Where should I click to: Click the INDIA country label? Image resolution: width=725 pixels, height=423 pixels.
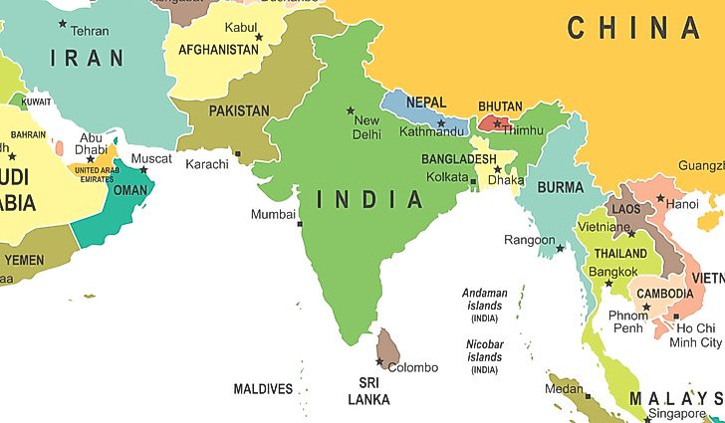pos(370,199)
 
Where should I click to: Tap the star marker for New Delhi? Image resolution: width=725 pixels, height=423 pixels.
pos(350,109)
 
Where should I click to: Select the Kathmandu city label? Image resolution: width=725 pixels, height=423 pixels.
pos(431,131)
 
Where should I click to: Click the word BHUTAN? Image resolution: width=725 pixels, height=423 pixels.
pos(501,106)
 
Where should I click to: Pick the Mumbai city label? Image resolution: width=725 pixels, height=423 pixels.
pos(273,214)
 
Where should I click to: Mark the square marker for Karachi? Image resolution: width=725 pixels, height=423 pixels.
pos(238,153)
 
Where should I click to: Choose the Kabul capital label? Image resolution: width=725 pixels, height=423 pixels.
pos(241,26)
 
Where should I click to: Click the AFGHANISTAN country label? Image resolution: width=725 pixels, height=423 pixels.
pos(218,49)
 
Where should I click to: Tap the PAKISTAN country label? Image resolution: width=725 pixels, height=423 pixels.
pos(238,110)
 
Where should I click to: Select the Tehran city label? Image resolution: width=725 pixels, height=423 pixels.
pos(90,31)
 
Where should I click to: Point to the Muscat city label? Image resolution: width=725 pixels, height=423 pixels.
pos(151,158)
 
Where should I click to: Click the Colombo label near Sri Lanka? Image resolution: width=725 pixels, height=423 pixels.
pos(412,367)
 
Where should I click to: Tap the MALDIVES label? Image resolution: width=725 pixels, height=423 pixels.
pos(263,389)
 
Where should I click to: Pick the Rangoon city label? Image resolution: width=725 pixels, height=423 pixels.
pos(529,240)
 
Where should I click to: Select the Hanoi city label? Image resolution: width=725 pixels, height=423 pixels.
pos(682,204)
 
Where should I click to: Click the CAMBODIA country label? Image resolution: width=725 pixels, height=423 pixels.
pos(665,294)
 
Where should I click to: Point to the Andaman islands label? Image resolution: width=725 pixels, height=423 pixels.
pos(485,299)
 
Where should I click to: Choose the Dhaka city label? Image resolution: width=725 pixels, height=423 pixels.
pos(507,180)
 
